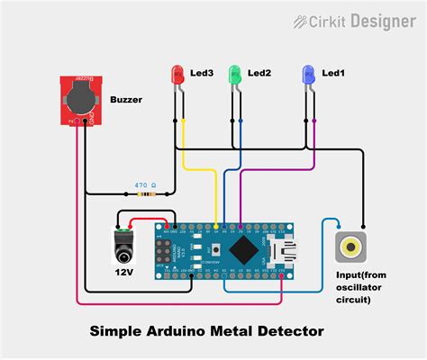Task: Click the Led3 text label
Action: click(x=203, y=72)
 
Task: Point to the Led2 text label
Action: click(x=259, y=72)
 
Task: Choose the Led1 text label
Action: click(x=333, y=72)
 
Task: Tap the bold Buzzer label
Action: click(x=128, y=100)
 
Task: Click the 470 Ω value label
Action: click(x=145, y=184)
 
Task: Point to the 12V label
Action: click(x=124, y=272)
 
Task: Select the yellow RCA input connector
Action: click(x=350, y=245)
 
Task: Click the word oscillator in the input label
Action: click(x=350, y=287)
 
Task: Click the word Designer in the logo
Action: click(x=385, y=20)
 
